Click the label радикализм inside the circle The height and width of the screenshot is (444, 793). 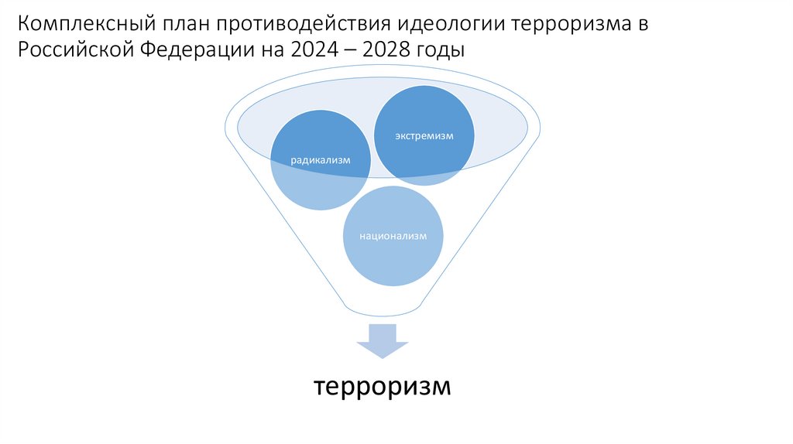[321, 161]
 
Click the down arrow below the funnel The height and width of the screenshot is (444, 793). [381, 341]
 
